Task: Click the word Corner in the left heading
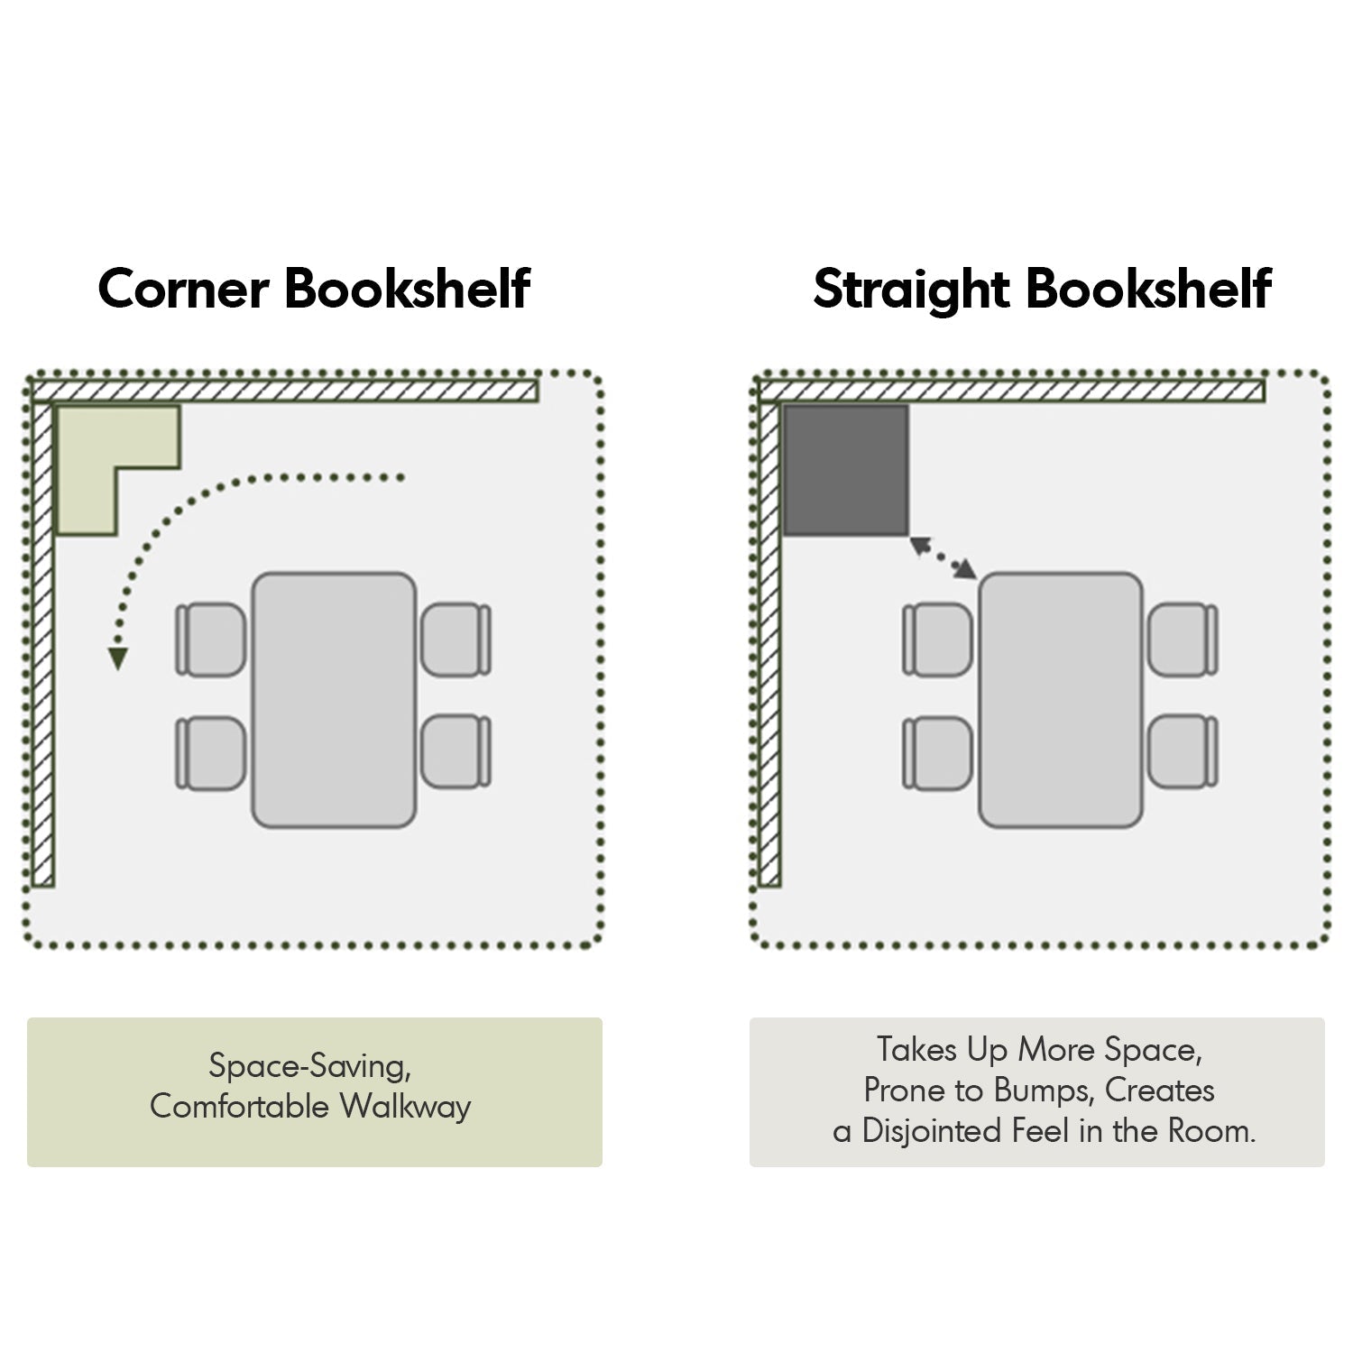click(x=183, y=289)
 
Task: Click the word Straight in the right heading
click(x=910, y=290)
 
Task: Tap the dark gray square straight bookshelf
click(x=845, y=470)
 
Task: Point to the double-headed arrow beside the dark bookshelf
click(x=943, y=557)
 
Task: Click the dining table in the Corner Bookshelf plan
click(x=334, y=700)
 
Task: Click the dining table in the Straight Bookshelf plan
click(x=1062, y=700)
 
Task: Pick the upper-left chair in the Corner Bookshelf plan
click(x=211, y=640)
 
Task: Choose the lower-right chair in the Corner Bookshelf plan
click(x=456, y=751)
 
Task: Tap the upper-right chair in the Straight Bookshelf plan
click(x=1183, y=640)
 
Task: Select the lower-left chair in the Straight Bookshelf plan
click(x=938, y=753)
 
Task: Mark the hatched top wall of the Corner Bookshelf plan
click(x=285, y=391)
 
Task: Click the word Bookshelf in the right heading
click(x=1149, y=289)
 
